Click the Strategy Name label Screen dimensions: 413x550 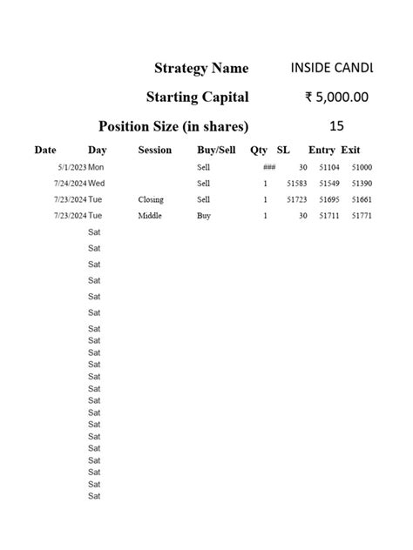[x=200, y=68]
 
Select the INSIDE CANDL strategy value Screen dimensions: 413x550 [x=331, y=67]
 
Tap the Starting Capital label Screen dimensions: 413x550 [x=197, y=97]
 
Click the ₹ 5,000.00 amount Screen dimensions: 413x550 [x=336, y=97]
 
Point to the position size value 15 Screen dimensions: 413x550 [x=337, y=125]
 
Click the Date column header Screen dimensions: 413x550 [x=45, y=150]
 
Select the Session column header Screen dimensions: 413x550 [x=155, y=150]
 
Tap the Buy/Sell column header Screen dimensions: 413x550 [x=216, y=150]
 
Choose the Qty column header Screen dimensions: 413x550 [x=259, y=150]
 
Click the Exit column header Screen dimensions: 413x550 [x=350, y=150]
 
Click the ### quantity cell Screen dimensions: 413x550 [x=268, y=167]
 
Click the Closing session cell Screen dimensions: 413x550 [x=151, y=199]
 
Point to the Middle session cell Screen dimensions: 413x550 [x=150, y=215]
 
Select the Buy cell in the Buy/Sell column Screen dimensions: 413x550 [x=204, y=215]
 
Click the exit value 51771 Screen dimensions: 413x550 [x=362, y=215]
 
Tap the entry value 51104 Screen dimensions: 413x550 [x=329, y=167]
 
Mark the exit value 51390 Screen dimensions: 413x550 [x=362, y=184]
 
